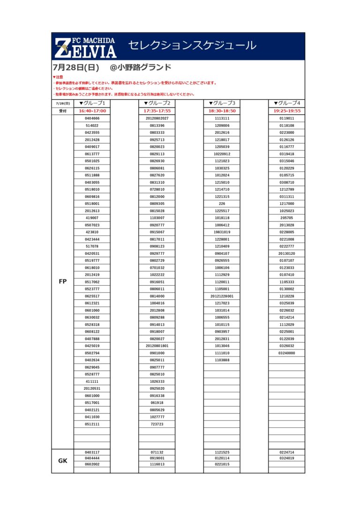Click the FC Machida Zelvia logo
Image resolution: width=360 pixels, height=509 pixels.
point(85,47)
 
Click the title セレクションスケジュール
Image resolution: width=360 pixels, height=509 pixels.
point(192,46)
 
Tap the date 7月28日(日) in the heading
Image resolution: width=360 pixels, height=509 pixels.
point(76,67)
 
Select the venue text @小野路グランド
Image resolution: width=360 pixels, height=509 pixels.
point(140,67)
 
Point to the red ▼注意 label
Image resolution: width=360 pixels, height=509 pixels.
point(58,77)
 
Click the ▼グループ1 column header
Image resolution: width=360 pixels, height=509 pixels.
point(92,103)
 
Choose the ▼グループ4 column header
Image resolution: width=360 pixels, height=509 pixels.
point(287,103)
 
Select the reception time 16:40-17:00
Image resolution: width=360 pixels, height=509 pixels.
point(92,111)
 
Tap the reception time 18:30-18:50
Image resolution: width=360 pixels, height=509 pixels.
point(222,111)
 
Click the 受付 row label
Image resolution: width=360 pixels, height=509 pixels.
point(63,111)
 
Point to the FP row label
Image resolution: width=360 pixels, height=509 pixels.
point(63,281)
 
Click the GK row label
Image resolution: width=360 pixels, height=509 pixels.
point(63,461)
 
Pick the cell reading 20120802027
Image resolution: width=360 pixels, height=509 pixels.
point(157,119)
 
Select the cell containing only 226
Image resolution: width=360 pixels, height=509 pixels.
point(222,204)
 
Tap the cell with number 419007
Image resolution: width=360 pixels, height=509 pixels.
point(92,218)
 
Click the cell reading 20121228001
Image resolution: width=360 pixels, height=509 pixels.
point(222,296)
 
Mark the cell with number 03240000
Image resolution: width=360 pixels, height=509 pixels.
point(287,353)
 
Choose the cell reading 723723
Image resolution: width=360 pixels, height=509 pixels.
point(157,424)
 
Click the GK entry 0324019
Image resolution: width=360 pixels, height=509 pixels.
point(287,458)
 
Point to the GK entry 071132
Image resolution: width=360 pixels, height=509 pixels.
point(157,452)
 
